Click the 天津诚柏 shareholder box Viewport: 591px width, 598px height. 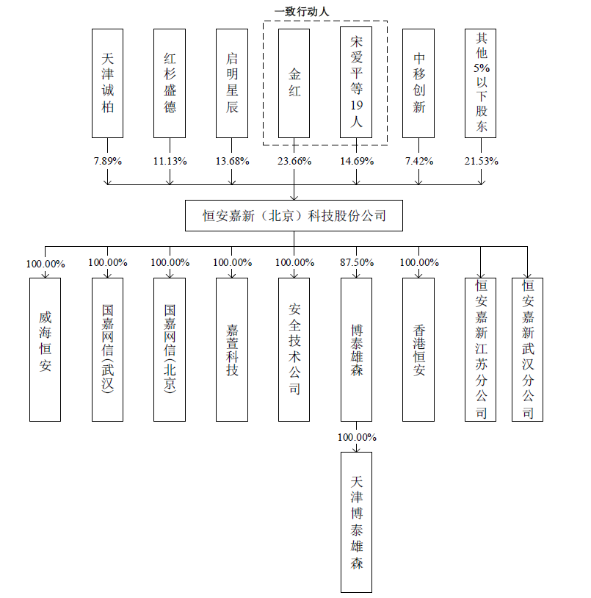(x=107, y=84)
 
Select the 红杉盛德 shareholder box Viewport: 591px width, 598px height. (x=170, y=84)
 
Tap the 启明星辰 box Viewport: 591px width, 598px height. (x=232, y=84)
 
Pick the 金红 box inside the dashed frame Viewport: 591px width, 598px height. (x=294, y=84)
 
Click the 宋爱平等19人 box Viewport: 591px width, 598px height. (x=356, y=84)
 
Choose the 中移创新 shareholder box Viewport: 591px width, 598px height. (x=418, y=84)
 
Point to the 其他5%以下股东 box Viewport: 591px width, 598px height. (x=481, y=84)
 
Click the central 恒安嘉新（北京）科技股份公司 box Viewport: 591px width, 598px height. (x=294, y=216)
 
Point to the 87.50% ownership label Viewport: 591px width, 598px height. (x=357, y=262)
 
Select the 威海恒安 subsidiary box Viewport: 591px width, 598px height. (x=46, y=349)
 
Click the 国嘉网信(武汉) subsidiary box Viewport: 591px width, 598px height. (x=107, y=349)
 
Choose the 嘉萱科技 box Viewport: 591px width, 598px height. (x=232, y=349)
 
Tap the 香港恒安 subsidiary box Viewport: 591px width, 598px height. (x=418, y=349)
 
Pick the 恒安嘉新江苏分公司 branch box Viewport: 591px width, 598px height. (x=481, y=349)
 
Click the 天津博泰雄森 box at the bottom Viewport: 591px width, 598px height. (x=357, y=522)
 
